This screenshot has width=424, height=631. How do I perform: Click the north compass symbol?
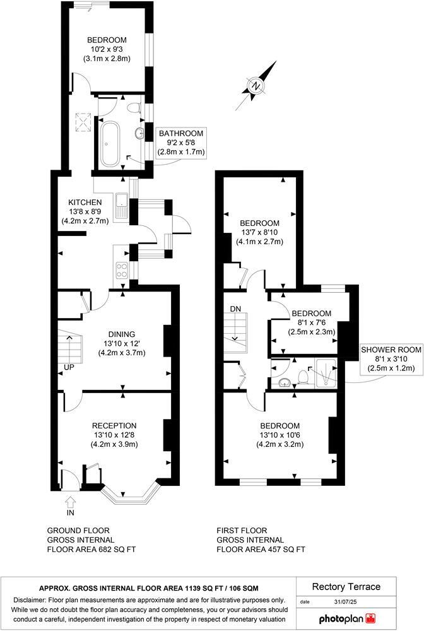(x=256, y=86)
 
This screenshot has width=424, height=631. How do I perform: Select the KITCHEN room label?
(x=85, y=202)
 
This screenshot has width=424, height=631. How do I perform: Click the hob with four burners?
(x=121, y=270)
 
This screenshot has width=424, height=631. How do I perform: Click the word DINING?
(x=122, y=334)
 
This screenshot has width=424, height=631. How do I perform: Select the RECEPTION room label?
(x=114, y=425)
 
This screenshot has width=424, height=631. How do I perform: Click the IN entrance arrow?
(x=70, y=503)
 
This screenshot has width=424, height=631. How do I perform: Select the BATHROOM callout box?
(x=181, y=143)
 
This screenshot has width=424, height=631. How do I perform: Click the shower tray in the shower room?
(x=326, y=373)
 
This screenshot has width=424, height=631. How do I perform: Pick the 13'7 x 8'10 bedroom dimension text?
(x=259, y=233)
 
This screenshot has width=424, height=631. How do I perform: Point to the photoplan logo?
(x=349, y=616)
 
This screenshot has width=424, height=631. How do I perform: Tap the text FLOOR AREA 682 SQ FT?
(x=91, y=550)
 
